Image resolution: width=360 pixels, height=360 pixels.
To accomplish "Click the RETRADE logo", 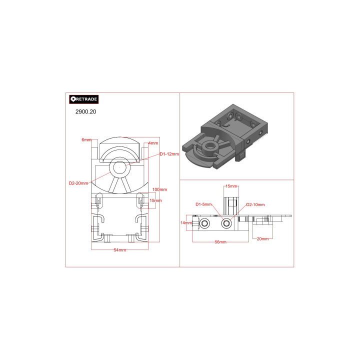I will pos(84,99).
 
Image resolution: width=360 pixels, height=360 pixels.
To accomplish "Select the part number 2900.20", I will pos(85,112).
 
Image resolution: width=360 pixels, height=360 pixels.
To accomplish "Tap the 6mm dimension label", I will pos(86,139).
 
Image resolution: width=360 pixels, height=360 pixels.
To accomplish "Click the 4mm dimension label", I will pos(153,143).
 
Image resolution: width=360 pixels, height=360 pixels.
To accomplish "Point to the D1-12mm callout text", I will pos(169,154).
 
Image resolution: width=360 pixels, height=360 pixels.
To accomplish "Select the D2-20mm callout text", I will pos(78,183).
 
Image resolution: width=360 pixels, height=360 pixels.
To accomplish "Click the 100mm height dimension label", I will pos(159,189).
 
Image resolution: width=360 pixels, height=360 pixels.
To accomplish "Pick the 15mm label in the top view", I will pos(155,200).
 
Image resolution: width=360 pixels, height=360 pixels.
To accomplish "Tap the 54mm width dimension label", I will pos(119,249).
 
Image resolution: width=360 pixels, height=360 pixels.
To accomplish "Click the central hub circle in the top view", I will pos(119,168).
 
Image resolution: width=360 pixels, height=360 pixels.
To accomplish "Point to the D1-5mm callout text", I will pos(204,204).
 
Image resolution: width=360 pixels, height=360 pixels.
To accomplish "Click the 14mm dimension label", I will pos(186,222).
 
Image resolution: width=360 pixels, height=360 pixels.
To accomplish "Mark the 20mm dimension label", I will pos(262,238).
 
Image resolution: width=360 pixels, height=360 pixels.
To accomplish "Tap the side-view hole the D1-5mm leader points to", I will pos(226,223).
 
